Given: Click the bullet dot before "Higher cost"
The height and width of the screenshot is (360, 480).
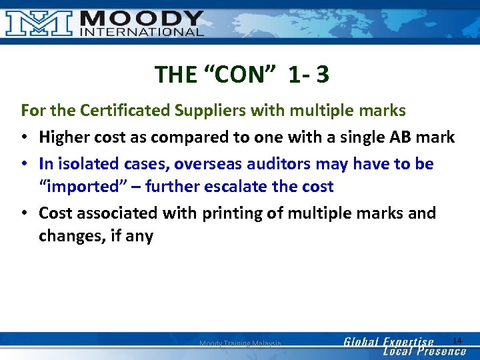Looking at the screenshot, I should [x=25, y=138].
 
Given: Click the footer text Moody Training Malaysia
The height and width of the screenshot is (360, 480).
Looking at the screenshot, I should [x=240, y=343].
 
